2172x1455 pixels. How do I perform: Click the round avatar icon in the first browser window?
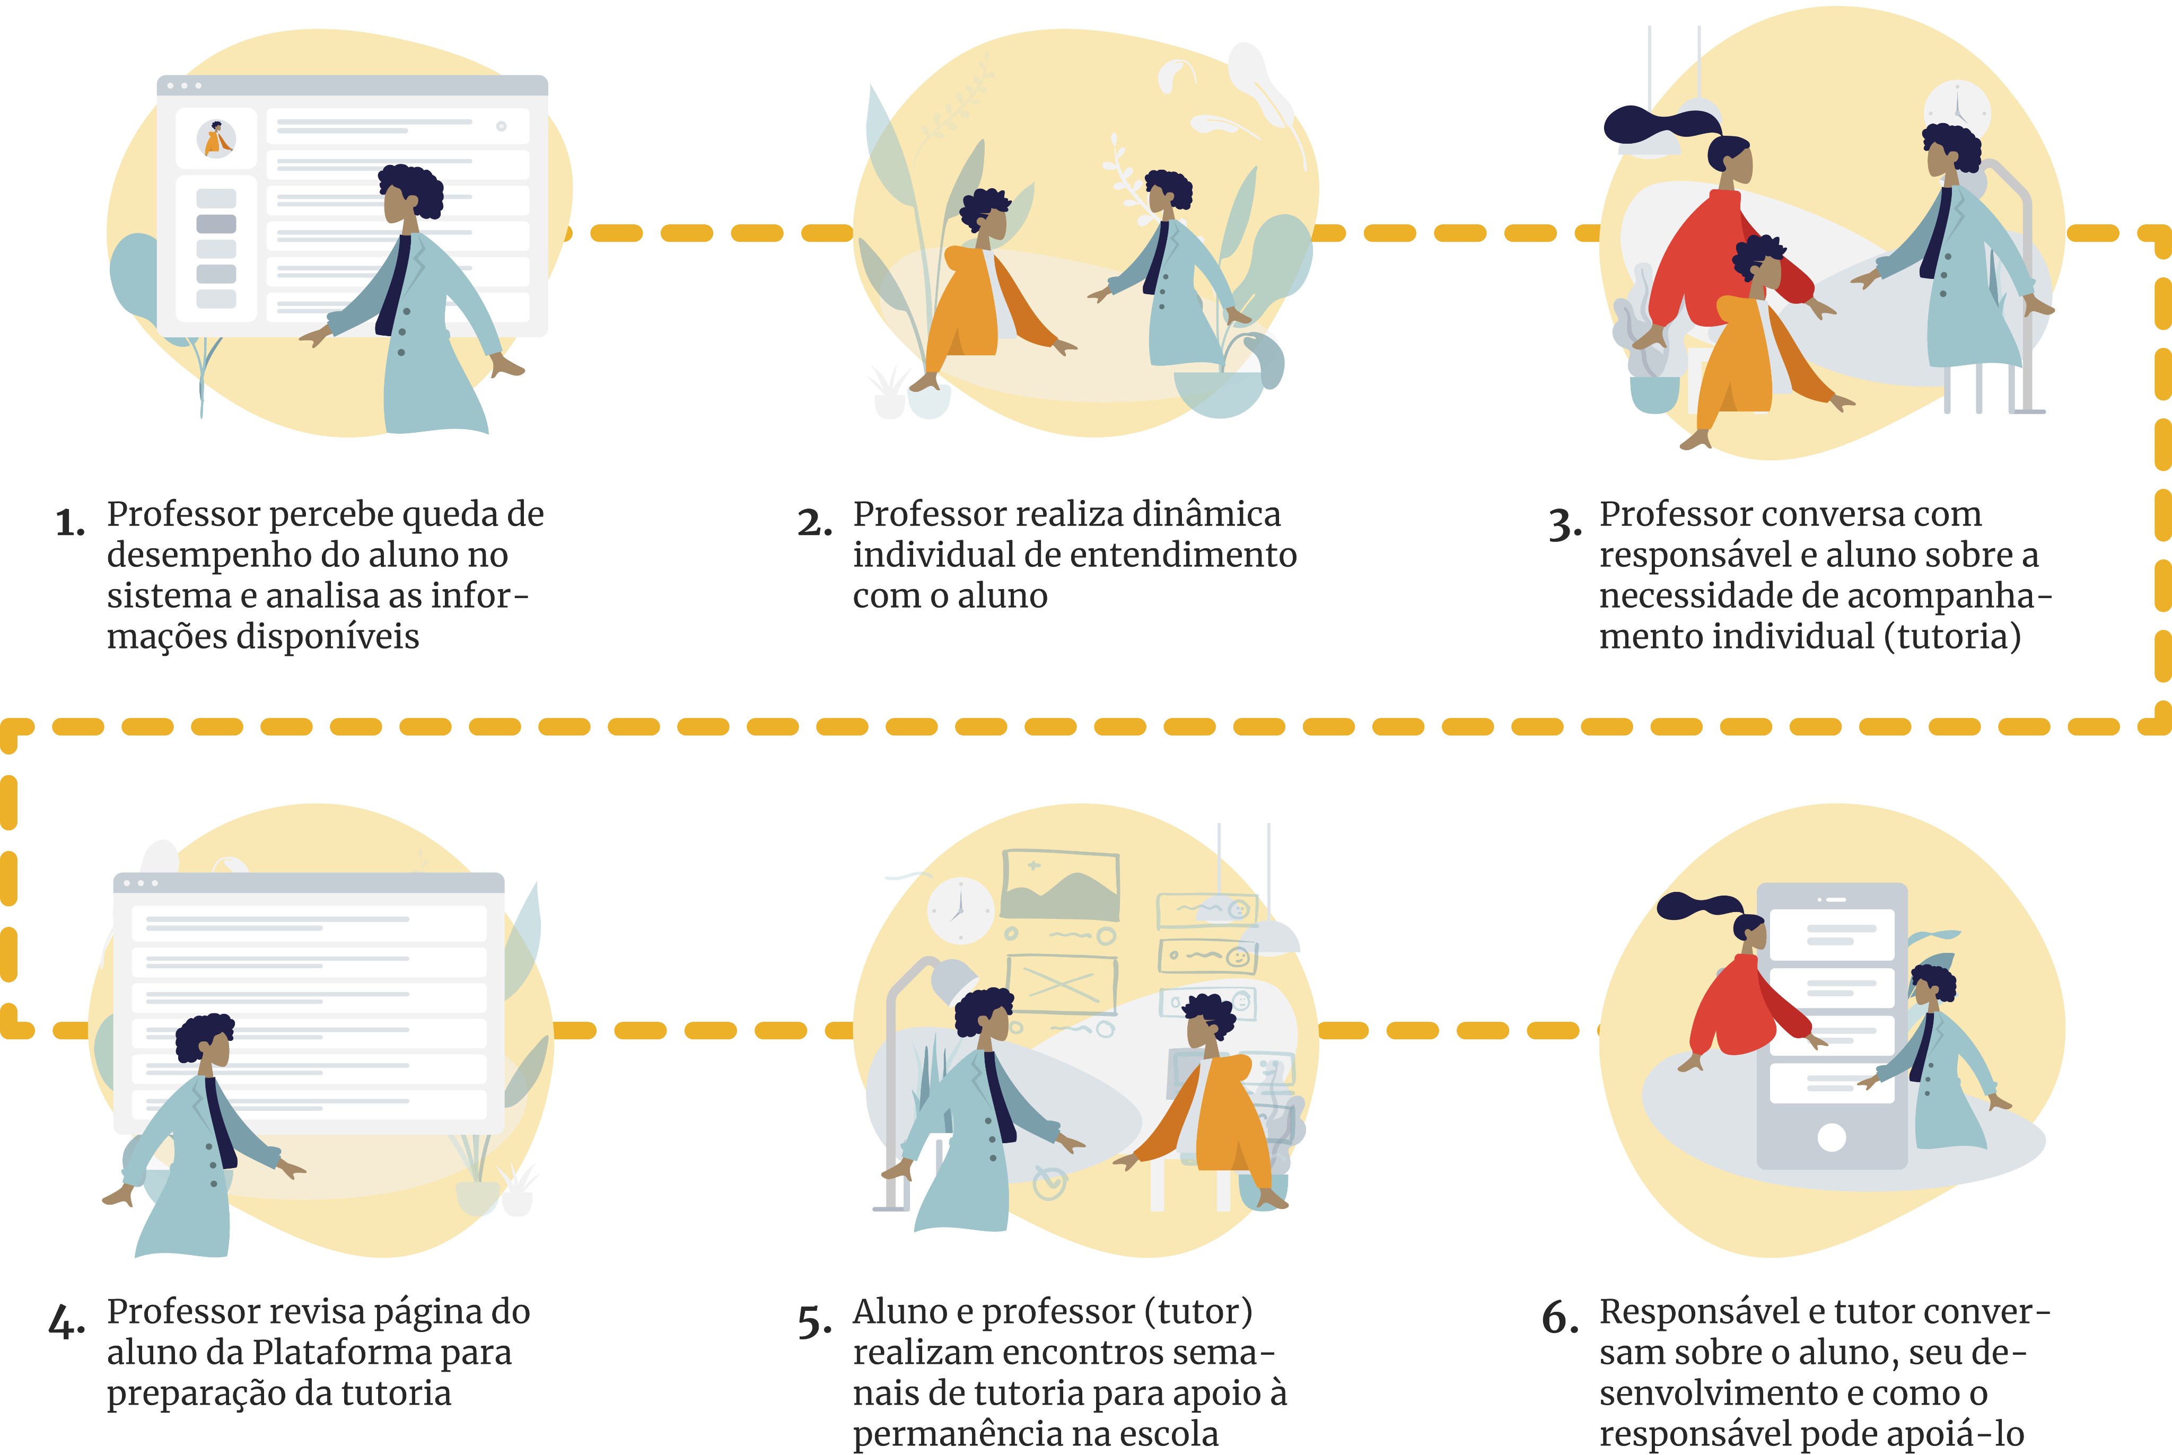click(x=216, y=139)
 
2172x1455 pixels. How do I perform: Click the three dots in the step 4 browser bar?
click(x=141, y=882)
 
